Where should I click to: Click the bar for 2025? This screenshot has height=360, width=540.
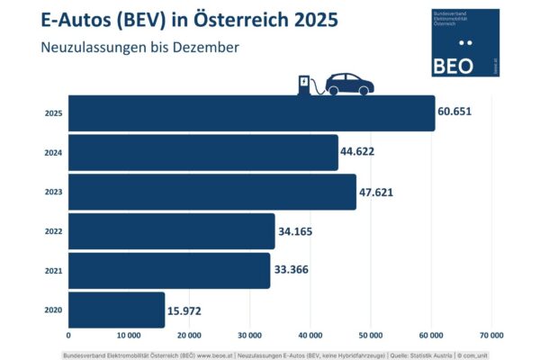click(251, 113)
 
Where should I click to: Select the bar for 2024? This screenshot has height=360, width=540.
click(203, 153)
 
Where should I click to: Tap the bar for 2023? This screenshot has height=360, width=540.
click(212, 193)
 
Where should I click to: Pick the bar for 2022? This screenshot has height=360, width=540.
click(171, 231)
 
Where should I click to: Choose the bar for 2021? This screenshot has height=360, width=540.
click(169, 271)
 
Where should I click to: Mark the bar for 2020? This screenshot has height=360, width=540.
click(116, 310)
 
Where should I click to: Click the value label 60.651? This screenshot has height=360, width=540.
click(455, 112)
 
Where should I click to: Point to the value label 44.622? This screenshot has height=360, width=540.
click(357, 151)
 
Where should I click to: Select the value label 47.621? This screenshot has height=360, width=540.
click(376, 191)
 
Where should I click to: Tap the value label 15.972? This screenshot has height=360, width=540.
click(185, 310)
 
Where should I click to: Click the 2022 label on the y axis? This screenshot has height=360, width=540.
click(53, 231)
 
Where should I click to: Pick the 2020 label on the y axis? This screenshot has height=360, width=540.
click(53, 310)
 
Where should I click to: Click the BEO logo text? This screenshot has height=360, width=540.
click(453, 64)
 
